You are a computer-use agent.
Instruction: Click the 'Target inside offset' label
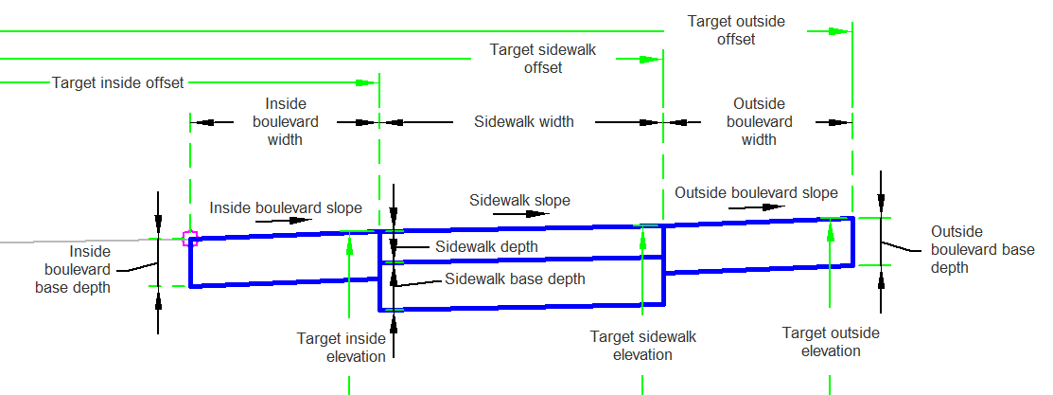[x=117, y=82]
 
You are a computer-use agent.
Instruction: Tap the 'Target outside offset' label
[x=736, y=29]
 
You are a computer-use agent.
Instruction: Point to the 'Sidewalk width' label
[x=524, y=121]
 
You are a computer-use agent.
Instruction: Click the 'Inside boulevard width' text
[x=285, y=121]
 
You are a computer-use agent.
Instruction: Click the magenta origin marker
[x=190, y=238]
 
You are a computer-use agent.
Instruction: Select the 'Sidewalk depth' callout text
[x=486, y=246]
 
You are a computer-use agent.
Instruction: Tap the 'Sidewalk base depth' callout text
[x=515, y=278]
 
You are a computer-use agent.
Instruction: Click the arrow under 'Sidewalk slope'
[x=520, y=214]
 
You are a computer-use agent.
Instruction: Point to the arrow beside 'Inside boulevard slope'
[x=283, y=220]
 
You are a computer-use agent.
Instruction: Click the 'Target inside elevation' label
[x=342, y=347]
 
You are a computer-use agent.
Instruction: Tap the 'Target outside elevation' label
[x=831, y=341]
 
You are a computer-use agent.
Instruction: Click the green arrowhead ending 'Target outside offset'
[x=837, y=30]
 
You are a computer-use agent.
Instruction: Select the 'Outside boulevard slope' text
[x=756, y=192]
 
